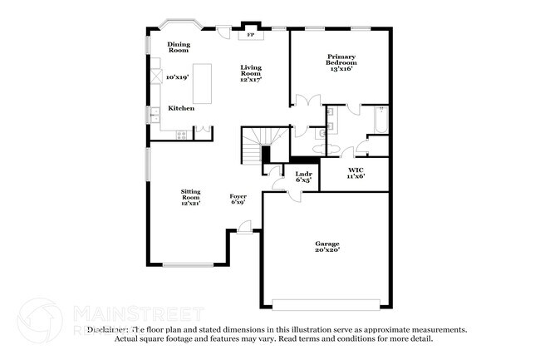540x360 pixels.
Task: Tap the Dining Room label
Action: (179, 47)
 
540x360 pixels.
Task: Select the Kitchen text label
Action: (181, 108)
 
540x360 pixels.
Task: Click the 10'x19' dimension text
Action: (178, 77)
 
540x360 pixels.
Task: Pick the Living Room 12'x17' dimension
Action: (251, 80)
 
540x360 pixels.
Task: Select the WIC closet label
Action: (356, 172)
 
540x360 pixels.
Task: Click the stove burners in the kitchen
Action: (179, 134)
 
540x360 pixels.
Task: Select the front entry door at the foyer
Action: (245, 227)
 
